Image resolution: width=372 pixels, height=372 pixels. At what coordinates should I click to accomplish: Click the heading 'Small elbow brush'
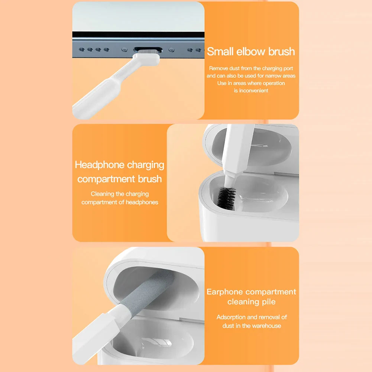(x=251, y=52)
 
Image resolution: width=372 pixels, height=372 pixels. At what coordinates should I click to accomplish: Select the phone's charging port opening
(x=147, y=49)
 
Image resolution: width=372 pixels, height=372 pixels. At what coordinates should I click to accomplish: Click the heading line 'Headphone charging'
(x=119, y=165)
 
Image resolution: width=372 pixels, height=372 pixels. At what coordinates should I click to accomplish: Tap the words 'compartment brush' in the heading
(x=119, y=179)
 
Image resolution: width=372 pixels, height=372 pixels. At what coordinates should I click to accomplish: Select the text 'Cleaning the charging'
(x=119, y=194)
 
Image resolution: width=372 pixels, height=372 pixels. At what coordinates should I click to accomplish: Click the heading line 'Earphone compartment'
(x=251, y=292)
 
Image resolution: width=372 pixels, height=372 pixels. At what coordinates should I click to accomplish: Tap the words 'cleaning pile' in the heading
(x=251, y=301)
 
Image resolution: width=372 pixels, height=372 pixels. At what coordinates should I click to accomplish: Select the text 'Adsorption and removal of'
(x=251, y=317)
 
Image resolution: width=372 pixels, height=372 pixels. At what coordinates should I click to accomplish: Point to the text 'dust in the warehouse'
(x=251, y=326)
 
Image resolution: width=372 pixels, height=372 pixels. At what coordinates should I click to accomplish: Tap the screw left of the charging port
(x=125, y=49)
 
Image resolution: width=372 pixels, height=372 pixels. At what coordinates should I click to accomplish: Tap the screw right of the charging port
(x=171, y=49)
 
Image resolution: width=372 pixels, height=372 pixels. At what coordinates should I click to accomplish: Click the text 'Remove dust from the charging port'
(x=251, y=68)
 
